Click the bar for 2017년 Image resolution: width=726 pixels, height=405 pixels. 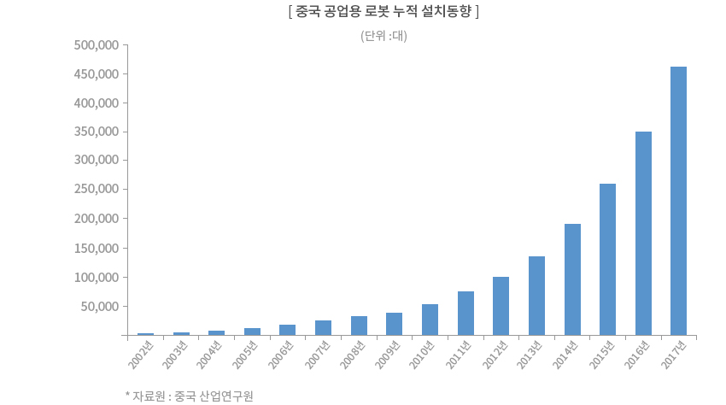coord(678,201)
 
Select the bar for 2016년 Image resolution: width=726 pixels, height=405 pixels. coord(643,233)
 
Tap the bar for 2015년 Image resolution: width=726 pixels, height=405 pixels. coord(607,259)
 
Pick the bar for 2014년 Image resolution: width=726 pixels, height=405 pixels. coord(572,279)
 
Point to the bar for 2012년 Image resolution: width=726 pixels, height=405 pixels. coord(501,306)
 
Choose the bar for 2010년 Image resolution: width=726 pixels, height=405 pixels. coord(430,320)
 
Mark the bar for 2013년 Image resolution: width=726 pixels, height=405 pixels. coord(536,296)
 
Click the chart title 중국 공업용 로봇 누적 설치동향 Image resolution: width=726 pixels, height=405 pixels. coord(383,12)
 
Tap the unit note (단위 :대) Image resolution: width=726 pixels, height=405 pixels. coord(383,36)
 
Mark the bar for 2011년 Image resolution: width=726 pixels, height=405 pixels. coord(465,313)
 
